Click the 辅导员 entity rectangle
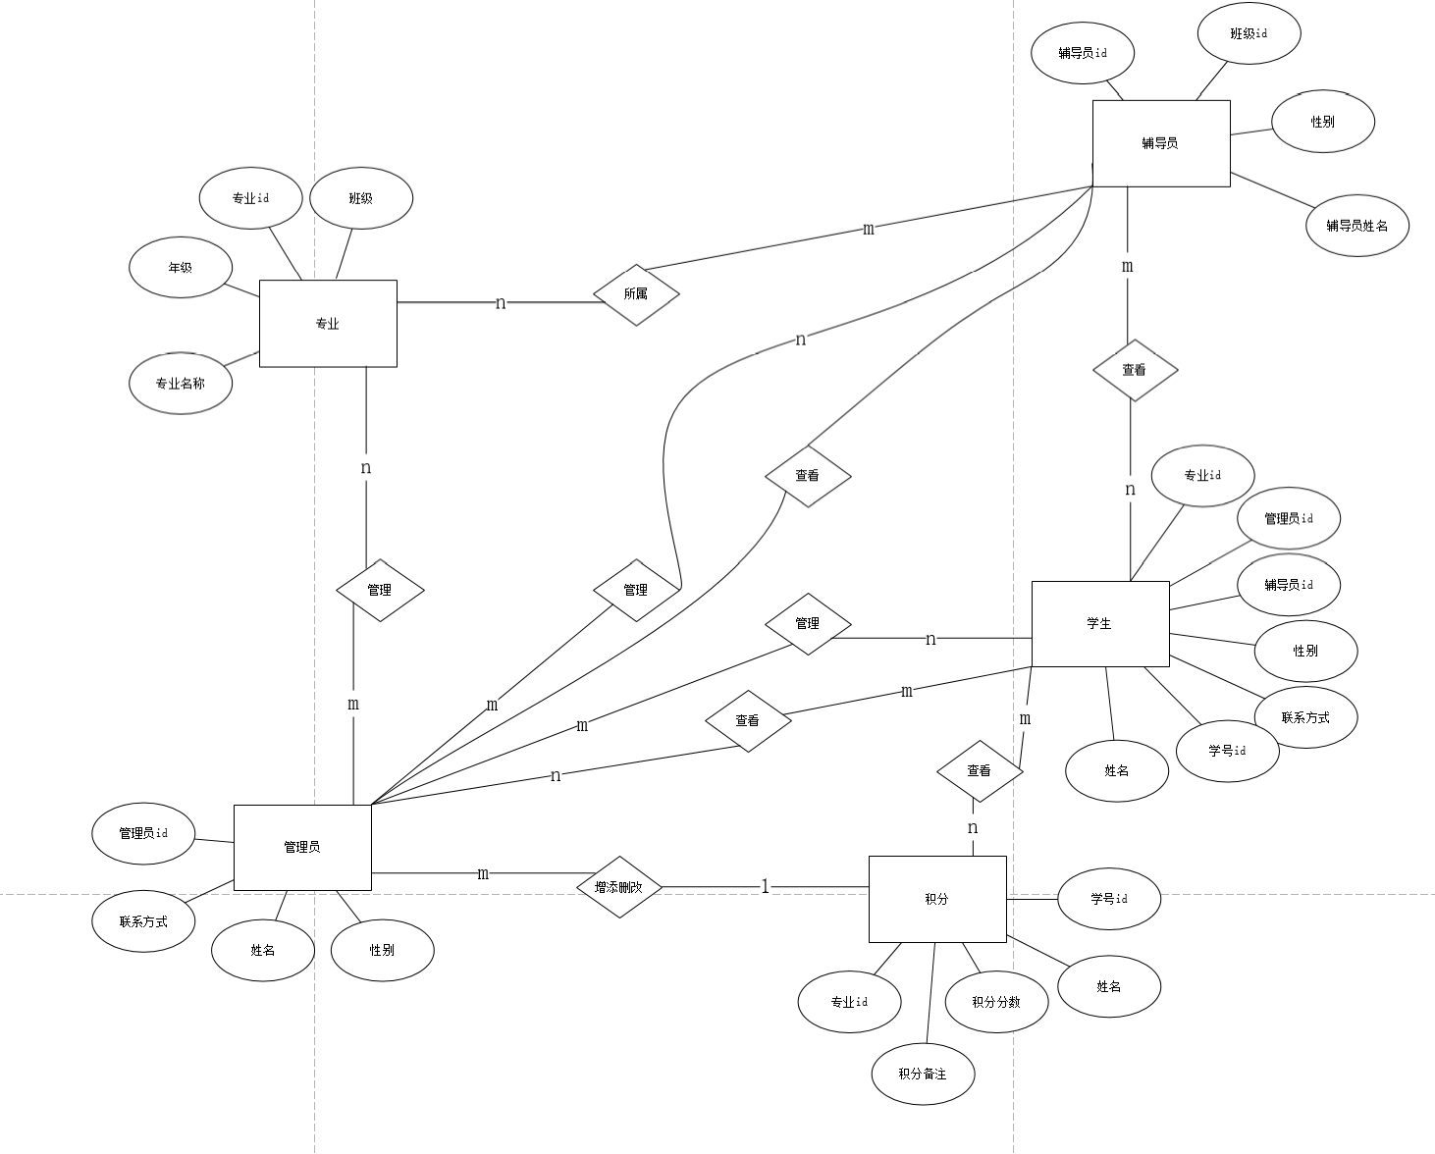[x=1160, y=143]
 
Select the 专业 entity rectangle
[x=328, y=324]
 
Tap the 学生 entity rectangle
[x=1099, y=623]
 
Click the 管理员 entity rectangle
[x=302, y=847]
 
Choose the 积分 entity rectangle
[x=936, y=899]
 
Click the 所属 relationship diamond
[x=636, y=293]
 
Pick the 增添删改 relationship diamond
[x=619, y=887]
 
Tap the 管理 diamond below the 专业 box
[x=380, y=590]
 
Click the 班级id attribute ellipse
[x=1249, y=33]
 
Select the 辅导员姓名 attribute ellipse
[x=1357, y=226]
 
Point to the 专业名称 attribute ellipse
[x=181, y=384]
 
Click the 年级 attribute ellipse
[x=181, y=267]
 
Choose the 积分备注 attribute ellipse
[x=923, y=1074]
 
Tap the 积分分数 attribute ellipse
[x=996, y=1002]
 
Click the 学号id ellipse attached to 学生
[x=1227, y=751]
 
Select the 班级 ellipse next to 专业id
[x=361, y=198]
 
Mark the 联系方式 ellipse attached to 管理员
[x=143, y=921]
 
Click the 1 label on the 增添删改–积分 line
[x=766, y=887]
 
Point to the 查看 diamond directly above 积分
[x=980, y=771]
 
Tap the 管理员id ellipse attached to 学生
[x=1288, y=518]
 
